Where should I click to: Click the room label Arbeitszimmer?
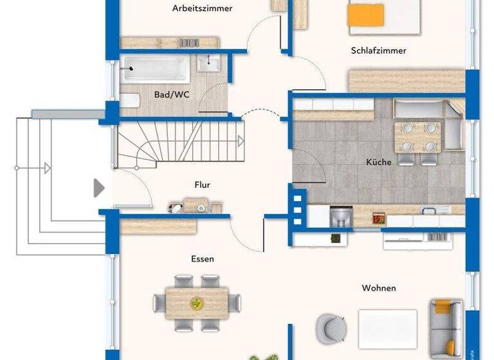tap(202, 8)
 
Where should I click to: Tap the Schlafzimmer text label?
tap(378, 50)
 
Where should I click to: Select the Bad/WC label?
tap(172, 94)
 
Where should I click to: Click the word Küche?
tap(378, 162)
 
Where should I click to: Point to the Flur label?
tap(202, 184)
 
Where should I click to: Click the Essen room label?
tap(202, 259)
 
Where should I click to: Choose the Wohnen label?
tap(378, 288)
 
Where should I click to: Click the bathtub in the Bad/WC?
tap(154, 66)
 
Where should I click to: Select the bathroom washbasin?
tap(209, 63)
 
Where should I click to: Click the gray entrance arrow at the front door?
tap(98, 188)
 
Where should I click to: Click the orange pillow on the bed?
tap(365, 15)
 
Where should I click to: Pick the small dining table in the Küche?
tap(417, 136)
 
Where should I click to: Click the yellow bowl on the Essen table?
tap(196, 300)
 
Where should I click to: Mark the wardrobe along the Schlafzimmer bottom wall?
tap(407, 82)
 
